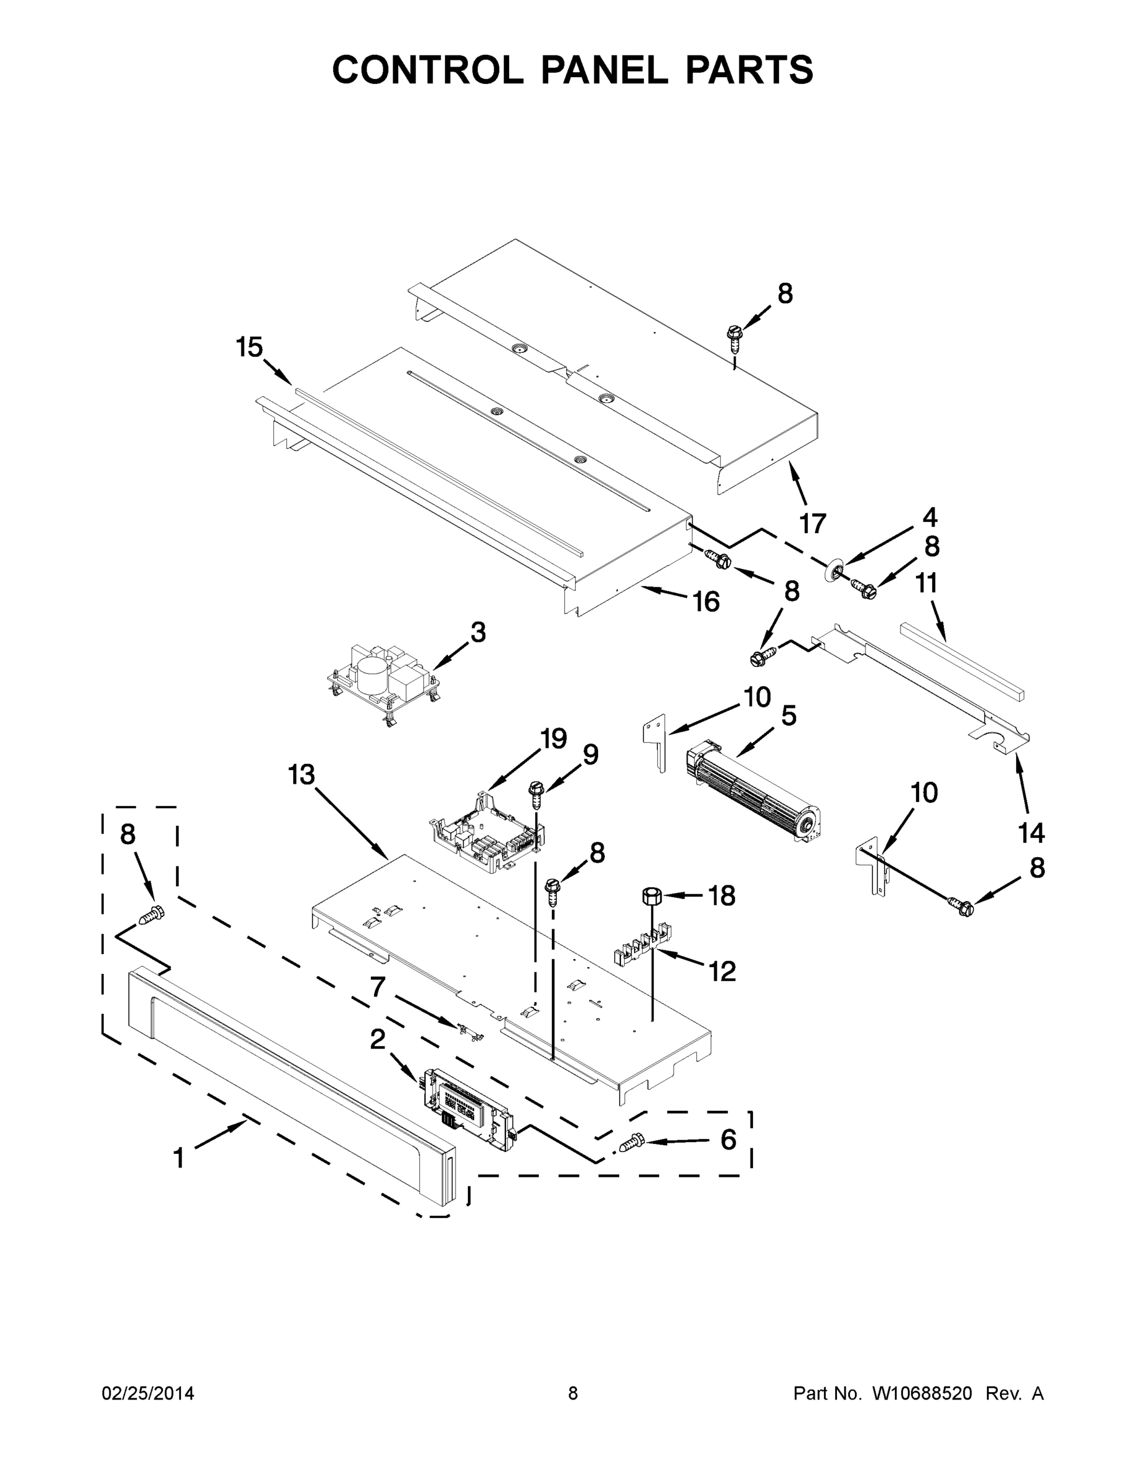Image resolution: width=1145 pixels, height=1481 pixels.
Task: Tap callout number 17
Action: (813, 523)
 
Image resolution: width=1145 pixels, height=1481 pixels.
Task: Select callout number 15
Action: (249, 347)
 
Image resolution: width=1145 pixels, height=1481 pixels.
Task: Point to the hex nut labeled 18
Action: (651, 896)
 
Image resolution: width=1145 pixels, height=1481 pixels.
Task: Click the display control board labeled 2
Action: (468, 1110)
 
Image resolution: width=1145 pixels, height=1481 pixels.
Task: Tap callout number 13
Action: (301, 774)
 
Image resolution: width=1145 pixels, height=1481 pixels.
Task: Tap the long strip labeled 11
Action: (962, 660)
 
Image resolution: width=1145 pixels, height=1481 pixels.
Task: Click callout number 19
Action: (554, 738)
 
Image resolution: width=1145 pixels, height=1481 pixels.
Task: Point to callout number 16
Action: (706, 602)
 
